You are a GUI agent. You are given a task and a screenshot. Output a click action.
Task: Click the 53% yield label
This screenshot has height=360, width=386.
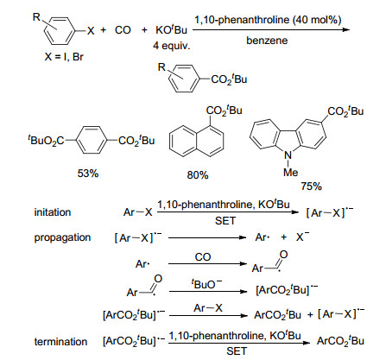pos(88,174)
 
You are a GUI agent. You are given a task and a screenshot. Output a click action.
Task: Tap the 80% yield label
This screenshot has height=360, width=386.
pos(198,175)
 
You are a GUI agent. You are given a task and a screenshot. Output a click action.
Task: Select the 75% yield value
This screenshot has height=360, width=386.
pos(312,186)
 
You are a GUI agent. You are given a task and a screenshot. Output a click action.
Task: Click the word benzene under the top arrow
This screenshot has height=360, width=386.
pos(267,41)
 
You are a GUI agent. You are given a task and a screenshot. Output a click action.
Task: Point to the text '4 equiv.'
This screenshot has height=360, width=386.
pos(172,46)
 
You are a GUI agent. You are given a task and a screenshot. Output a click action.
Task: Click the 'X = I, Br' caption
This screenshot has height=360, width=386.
pos(64,57)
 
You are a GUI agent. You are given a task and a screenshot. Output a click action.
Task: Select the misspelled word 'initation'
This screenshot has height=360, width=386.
pos(53,212)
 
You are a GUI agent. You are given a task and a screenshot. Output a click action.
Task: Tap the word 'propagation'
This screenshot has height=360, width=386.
pos(62,237)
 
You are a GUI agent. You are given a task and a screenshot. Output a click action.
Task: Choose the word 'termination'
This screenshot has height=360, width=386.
pos(60,342)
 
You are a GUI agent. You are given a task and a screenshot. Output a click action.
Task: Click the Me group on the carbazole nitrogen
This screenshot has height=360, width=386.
pos(290,173)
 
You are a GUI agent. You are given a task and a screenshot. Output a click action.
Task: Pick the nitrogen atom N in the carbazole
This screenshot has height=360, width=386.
pos(288,155)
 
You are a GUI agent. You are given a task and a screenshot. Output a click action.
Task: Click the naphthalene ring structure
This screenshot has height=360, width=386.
pos(197,141)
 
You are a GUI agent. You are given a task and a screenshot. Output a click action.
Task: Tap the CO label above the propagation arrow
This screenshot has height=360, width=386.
pos(203,257)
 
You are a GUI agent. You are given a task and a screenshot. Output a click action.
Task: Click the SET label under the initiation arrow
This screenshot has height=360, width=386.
pos(225,221)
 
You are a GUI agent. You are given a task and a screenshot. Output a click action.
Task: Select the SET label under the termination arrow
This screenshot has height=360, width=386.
pos(237,351)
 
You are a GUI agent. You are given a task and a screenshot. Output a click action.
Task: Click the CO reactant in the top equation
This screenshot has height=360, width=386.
pos(123,30)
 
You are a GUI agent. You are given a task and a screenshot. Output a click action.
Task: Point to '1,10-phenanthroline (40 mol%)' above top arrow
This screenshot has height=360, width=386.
pos(268,20)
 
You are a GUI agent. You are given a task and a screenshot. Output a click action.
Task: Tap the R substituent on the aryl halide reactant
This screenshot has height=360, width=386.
pos(36,17)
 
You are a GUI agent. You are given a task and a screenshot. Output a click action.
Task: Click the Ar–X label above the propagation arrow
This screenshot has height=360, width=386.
pos(208,308)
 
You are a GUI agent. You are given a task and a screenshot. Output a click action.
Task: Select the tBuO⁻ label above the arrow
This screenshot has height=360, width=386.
pos(207,284)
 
